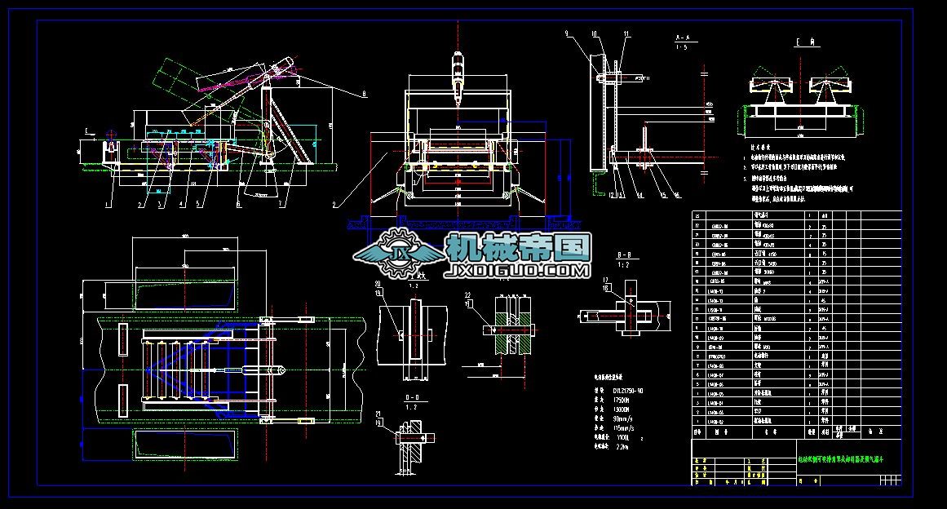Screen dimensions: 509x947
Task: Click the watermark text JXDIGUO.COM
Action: point(517,270)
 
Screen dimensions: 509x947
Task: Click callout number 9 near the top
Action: point(565,33)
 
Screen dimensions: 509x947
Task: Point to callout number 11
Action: point(626,33)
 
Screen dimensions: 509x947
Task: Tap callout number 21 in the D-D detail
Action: point(378,414)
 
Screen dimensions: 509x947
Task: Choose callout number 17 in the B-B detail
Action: point(605,280)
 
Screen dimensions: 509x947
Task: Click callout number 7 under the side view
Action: point(281,204)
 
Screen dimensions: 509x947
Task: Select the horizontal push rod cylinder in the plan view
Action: point(245,370)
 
